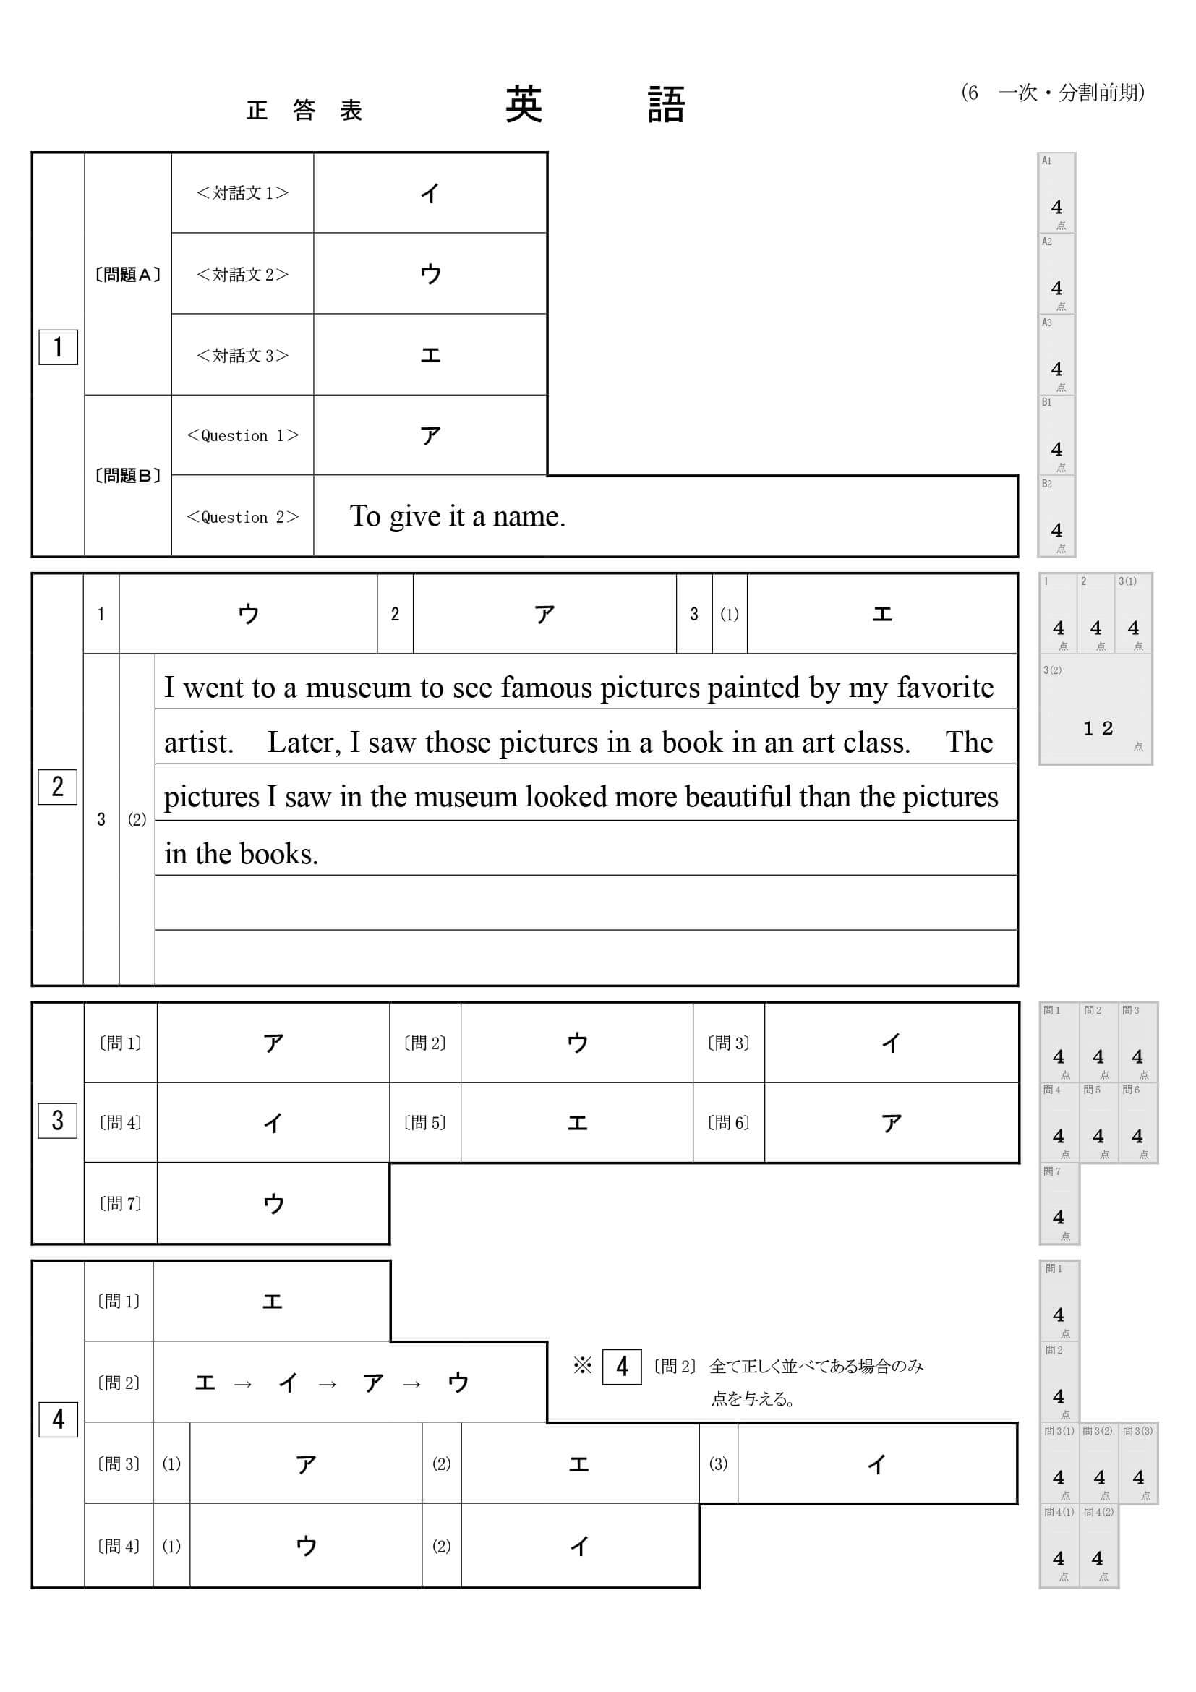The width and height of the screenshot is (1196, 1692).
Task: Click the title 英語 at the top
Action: coord(594,105)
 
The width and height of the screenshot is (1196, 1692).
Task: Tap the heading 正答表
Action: coord(304,111)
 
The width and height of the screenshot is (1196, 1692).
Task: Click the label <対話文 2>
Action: coord(242,274)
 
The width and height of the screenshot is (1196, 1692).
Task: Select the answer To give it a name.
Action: coord(457,516)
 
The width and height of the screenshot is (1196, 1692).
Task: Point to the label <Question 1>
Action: coord(242,435)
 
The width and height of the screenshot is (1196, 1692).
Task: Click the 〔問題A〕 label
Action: coord(127,275)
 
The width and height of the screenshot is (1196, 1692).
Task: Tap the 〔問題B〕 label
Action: coord(127,475)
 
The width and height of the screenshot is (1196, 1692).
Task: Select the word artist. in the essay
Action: coord(198,742)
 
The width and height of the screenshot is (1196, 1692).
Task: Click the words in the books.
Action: coord(241,853)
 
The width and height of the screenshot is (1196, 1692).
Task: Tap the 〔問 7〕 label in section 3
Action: coord(120,1203)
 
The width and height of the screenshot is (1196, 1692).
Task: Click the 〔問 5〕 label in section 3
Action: coord(425,1122)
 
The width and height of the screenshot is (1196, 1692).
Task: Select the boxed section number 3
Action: coord(57,1120)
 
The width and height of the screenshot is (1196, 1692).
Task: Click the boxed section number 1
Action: coord(59,346)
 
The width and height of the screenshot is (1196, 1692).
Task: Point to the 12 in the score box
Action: coord(1097,728)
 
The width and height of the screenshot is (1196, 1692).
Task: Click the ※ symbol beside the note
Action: coord(582,1366)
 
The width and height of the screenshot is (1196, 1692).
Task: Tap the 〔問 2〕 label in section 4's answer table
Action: coord(119,1383)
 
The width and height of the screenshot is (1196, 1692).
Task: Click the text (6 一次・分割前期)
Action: coord(1052,93)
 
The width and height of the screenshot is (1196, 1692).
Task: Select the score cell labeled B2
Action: coord(1056,516)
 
